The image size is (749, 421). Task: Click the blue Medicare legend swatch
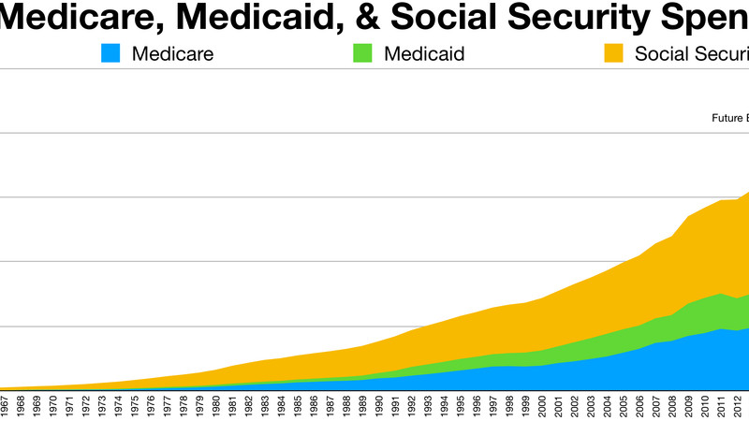111,53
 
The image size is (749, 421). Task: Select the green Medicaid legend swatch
361,53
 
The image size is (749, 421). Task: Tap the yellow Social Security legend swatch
613,53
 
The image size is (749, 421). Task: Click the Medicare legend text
173,53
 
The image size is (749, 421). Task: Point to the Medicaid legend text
423,53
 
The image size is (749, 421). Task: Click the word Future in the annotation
727,118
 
